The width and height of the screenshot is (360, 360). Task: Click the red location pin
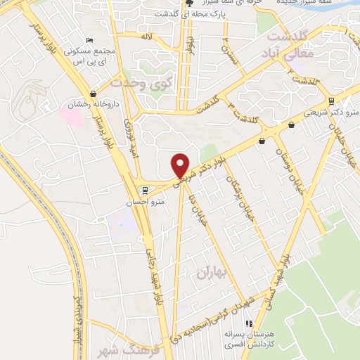point(181,165)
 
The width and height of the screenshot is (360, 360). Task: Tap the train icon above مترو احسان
point(145,190)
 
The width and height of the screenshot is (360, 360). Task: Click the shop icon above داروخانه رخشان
point(94,94)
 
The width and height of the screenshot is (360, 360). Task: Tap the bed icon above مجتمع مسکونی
point(87,41)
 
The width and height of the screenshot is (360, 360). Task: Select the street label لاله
point(146,35)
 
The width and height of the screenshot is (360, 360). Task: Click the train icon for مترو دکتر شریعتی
point(331,101)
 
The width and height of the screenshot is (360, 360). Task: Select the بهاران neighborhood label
point(210,271)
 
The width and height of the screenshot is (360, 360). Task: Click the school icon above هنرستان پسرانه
point(247,323)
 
